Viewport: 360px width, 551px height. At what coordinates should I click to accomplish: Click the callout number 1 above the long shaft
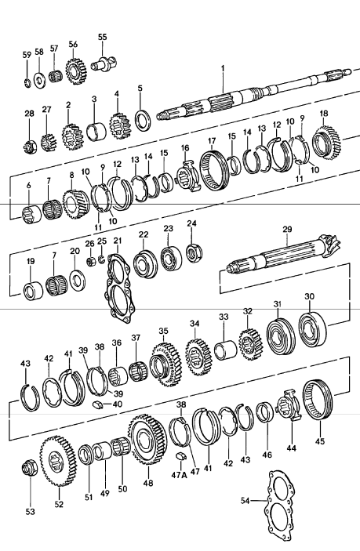pos(224,69)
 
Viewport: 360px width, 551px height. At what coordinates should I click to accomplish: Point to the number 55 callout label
pos(103,37)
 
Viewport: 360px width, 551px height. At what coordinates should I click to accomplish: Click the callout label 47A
pos(179,475)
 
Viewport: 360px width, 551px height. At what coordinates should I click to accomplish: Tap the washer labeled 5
pos(143,120)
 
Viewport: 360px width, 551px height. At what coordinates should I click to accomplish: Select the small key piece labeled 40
pos(97,404)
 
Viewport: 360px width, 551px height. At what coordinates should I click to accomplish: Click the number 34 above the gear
pos(194,322)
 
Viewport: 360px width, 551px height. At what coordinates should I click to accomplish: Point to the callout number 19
pos(30,262)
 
